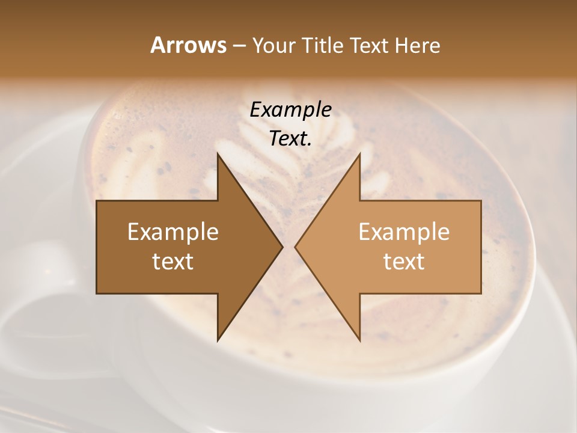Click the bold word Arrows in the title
[x=188, y=46]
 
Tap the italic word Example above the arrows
[x=290, y=110]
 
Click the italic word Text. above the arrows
[x=290, y=139]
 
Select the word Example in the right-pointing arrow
[x=173, y=232]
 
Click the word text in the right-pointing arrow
[x=173, y=262]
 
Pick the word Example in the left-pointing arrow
[x=404, y=232]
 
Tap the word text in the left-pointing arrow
[x=404, y=262]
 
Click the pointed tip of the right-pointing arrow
[x=282, y=247]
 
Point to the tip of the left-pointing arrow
[x=296, y=247]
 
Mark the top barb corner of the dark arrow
[x=218, y=154]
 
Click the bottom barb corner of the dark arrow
[x=218, y=340]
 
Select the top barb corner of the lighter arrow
[x=359, y=154]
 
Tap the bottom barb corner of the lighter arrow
[x=359, y=340]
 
